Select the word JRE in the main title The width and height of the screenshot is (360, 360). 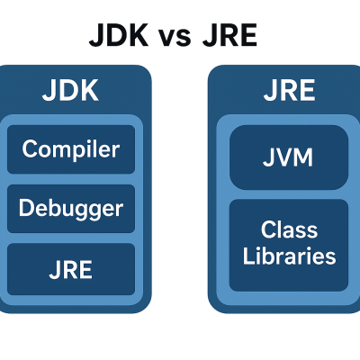(231, 37)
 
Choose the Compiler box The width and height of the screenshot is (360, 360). (70, 148)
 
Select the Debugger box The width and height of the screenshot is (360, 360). (70, 209)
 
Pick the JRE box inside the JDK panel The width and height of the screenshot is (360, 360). (70, 269)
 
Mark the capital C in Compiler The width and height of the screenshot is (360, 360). (30, 148)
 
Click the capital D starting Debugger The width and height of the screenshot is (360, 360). (26, 209)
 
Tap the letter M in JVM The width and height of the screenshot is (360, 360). (302, 158)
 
